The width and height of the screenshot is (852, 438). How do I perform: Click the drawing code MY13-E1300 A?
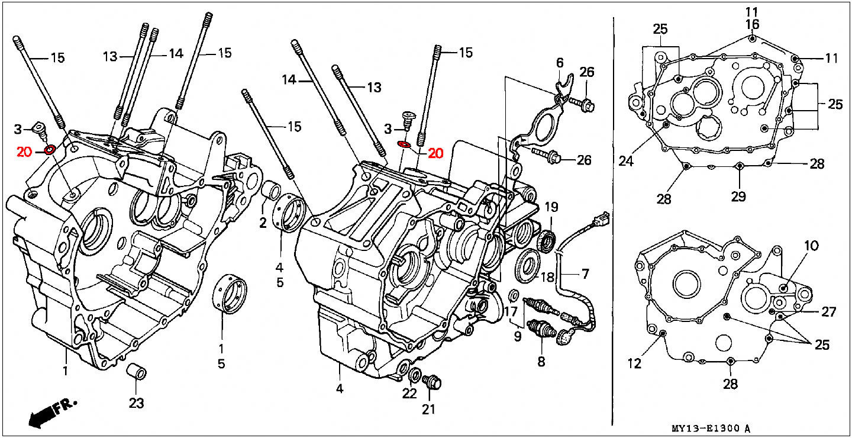pos(711,429)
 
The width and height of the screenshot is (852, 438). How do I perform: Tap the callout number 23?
pos(136,402)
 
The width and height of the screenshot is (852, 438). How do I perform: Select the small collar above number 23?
pos(136,371)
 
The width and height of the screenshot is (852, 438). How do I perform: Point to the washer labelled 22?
pos(415,375)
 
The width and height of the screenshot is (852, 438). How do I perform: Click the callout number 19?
pos(551,207)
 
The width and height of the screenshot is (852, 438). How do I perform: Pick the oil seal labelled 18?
pos(528,266)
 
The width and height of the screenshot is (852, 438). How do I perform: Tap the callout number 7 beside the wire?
pos(585,273)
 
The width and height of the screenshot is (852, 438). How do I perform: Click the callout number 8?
pos(541,362)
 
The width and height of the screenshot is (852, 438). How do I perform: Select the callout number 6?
pos(560,63)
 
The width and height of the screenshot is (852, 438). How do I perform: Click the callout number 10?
pos(811,246)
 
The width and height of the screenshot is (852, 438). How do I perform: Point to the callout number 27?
pos(828,312)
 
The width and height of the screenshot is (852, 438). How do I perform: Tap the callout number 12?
pos(634,363)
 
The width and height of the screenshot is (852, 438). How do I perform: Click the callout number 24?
pos(626,162)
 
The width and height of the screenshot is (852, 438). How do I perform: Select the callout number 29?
pos(738,197)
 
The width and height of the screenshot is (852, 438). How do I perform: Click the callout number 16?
pos(752,24)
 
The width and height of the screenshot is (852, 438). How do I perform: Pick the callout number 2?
pos(263,223)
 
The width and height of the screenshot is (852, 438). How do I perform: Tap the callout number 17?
pos(511,312)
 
